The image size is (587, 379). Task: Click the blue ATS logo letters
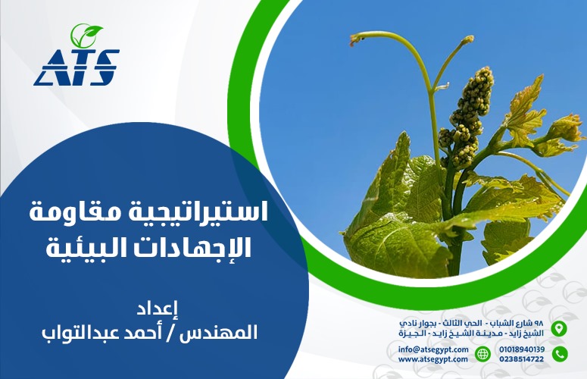tap(76, 67)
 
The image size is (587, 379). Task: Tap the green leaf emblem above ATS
tap(86, 34)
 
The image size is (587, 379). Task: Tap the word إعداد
tap(158, 309)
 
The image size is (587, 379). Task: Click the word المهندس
tap(218, 333)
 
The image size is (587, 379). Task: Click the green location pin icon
tap(559, 328)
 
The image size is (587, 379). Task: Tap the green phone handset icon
tap(560, 354)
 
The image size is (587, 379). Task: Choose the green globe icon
tap(482, 354)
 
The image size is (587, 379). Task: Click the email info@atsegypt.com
tap(433, 349)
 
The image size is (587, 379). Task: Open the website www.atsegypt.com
tap(432, 359)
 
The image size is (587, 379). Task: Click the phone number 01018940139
tap(522, 349)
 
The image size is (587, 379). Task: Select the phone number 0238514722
tap(522, 359)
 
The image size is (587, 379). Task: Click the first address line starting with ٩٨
tap(471, 323)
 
